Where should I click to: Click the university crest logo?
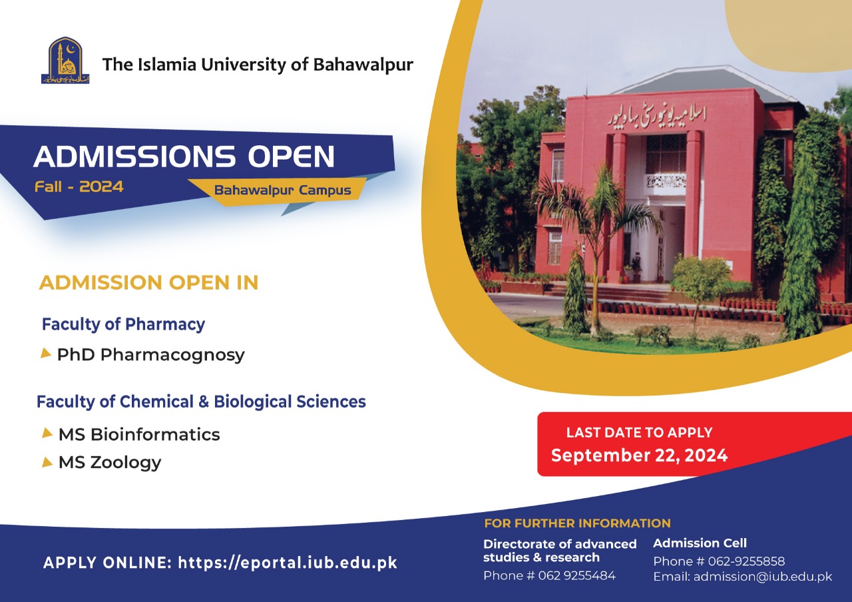65,61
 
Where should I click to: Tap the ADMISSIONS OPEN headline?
184,156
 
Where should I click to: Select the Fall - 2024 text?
79,187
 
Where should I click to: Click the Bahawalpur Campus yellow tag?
282,190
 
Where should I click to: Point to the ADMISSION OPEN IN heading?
148,282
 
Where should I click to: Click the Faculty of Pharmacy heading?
123,324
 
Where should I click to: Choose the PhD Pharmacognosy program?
151,355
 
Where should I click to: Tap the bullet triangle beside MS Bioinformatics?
47,433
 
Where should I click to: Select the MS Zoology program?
110,462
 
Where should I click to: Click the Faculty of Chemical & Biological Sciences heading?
201,402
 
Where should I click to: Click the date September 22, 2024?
639,455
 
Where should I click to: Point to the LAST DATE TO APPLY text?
639,432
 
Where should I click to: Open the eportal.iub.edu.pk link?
288,563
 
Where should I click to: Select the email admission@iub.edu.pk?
763,577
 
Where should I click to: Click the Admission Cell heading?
700,543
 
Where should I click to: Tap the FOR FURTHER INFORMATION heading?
577,523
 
